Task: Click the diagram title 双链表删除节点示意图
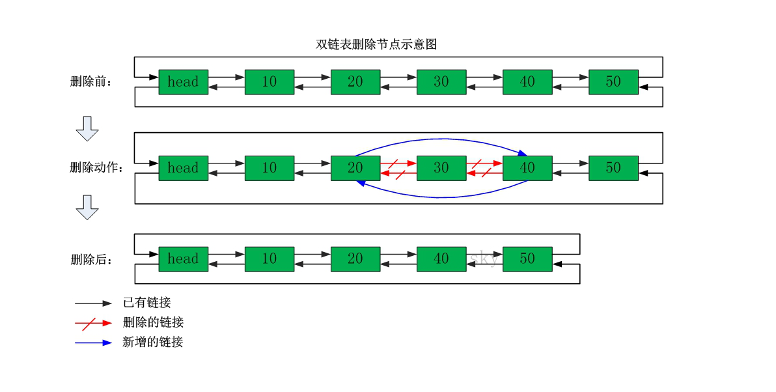tap(376, 44)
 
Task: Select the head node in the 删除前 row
tap(183, 82)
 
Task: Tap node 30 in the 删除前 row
tap(441, 82)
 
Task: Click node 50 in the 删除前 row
tap(613, 82)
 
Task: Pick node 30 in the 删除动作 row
tap(441, 168)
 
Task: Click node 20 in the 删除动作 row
tap(355, 168)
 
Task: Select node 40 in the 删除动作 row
tap(527, 168)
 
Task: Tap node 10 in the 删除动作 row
tap(270, 168)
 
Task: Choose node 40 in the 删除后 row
tap(441, 259)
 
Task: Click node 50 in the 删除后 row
tap(527, 259)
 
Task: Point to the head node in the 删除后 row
tap(183, 259)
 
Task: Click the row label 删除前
tap(91, 82)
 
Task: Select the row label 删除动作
tap(96, 167)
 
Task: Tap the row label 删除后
tap(91, 259)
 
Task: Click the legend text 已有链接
tap(146, 303)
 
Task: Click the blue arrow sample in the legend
tap(93, 343)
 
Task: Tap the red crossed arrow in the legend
tap(93, 323)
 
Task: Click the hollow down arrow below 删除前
tap(87, 128)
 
